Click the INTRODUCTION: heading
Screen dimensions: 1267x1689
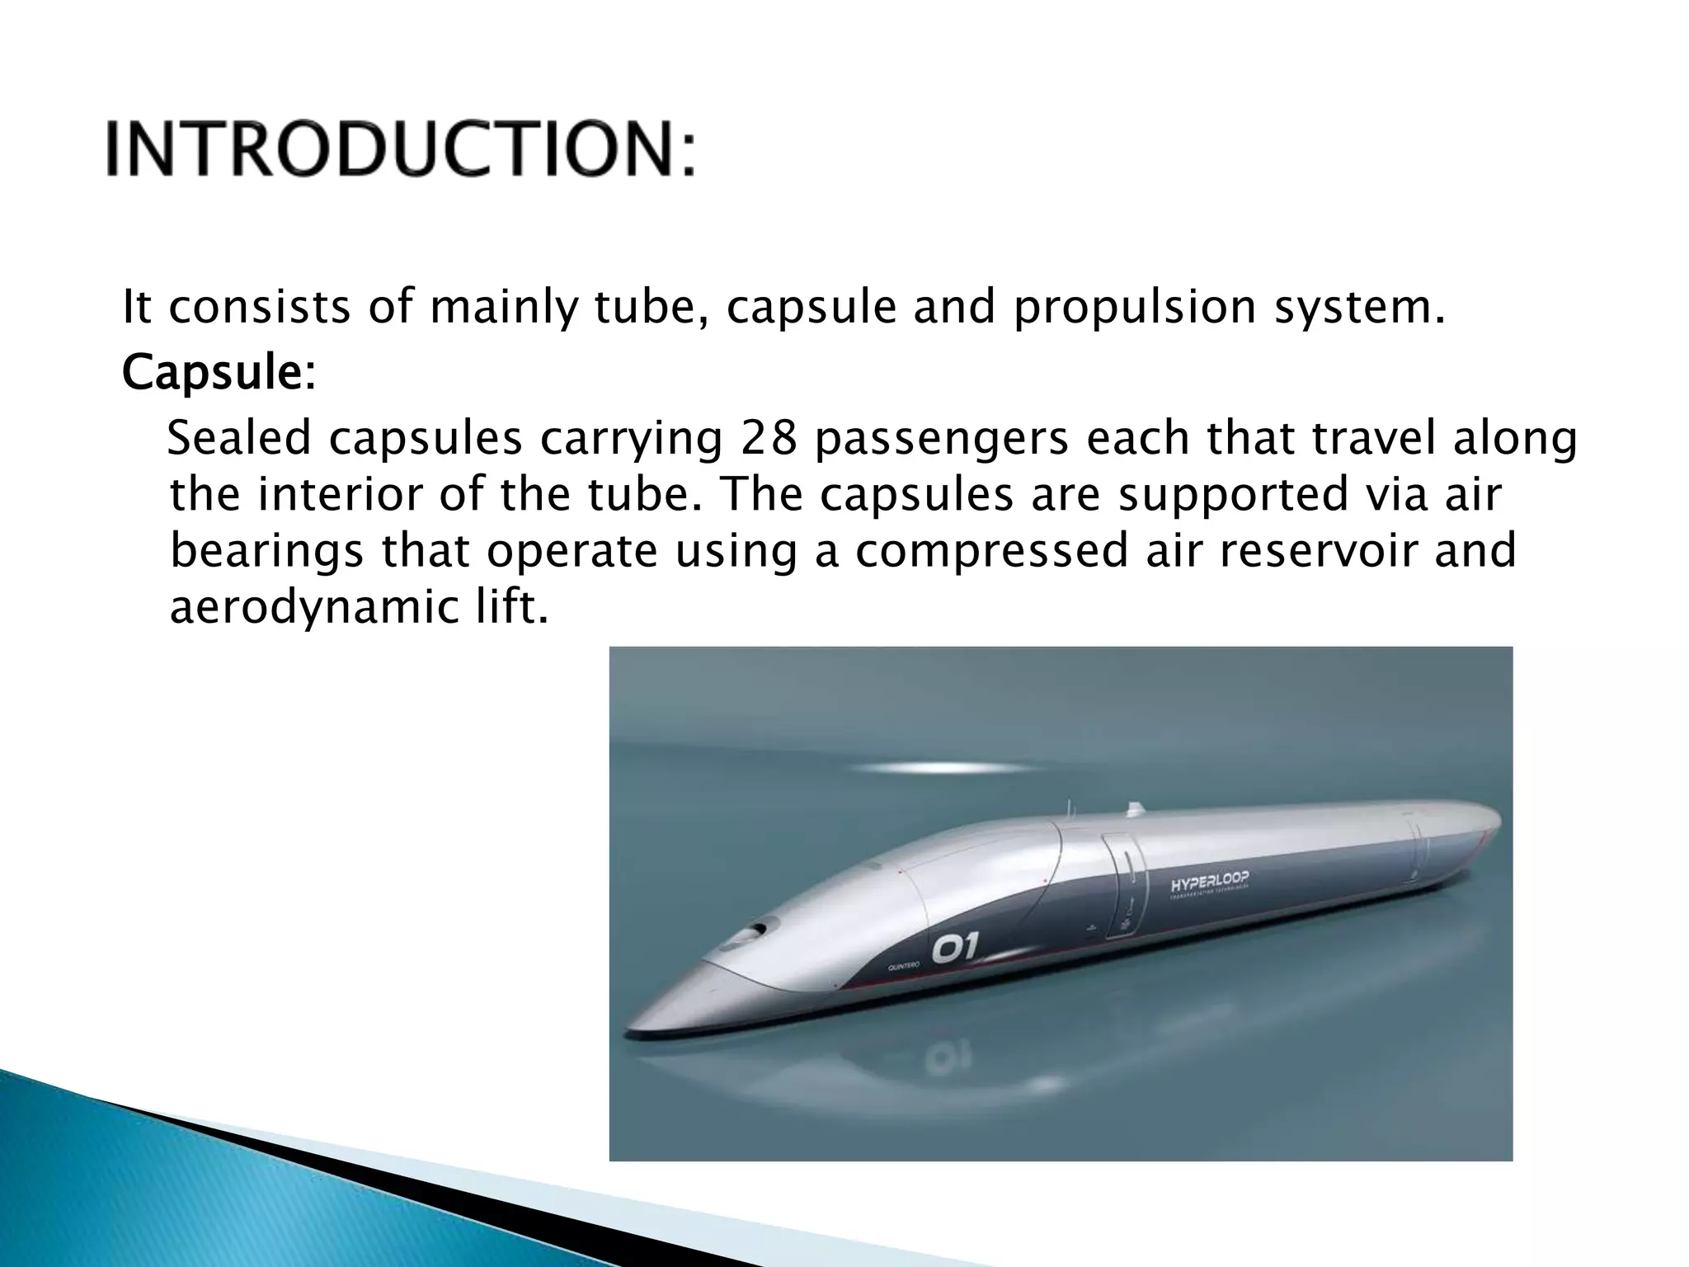(401, 149)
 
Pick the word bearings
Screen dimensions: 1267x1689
(266, 553)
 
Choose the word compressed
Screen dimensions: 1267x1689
(990, 553)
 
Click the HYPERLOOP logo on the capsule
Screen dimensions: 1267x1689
(1209, 883)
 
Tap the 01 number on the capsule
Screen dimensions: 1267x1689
(954, 950)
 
